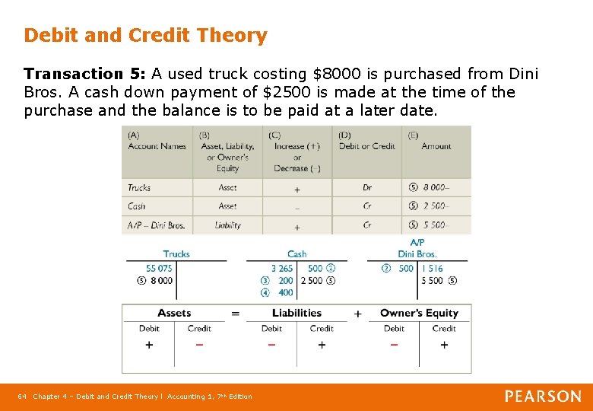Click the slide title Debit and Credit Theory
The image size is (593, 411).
click(x=145, y=36)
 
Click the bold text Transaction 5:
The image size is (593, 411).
click(x=85, y=75)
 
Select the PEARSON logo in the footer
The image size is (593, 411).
click(x=543, y=397)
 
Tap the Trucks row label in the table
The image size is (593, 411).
click(x=139, y=187)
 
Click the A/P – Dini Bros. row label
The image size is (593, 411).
click(x=156, y=225)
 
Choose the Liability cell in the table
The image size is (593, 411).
click(x=227, y=225)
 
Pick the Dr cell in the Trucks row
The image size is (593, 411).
click(x=367, y=188)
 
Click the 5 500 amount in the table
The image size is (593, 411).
click(x=436, y=225)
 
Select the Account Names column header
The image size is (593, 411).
click(x=157, y=146)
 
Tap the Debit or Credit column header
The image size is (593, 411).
click(x=367, y=146)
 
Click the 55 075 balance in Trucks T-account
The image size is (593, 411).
click(x=159, y=269)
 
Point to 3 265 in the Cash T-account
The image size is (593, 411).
click(x=281, y=269)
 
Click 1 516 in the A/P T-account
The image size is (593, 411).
click(x=432, y=269)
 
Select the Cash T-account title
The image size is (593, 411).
click(x=296, y=254)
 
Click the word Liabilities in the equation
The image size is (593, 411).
click(x=296, y=313)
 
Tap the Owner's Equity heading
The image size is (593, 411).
click(x=419, y=313)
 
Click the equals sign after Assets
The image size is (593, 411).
click(x=235, y=314)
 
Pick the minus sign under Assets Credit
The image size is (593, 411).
click(x=199, y=345)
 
